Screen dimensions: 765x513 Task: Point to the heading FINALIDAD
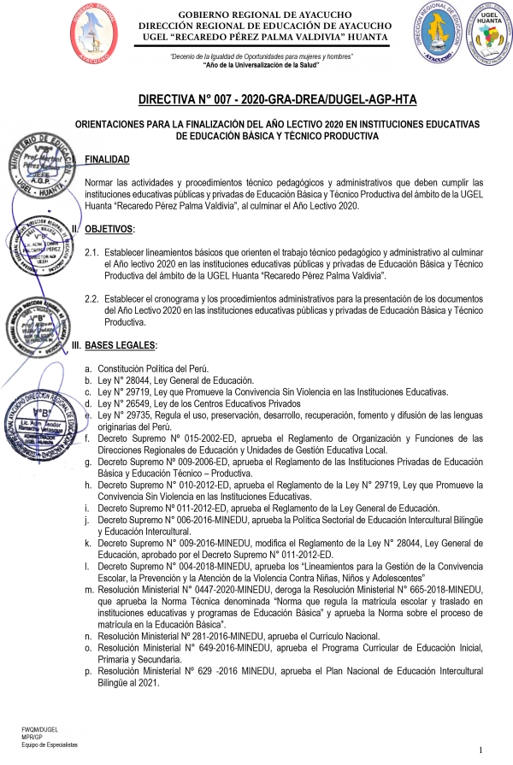108,160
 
